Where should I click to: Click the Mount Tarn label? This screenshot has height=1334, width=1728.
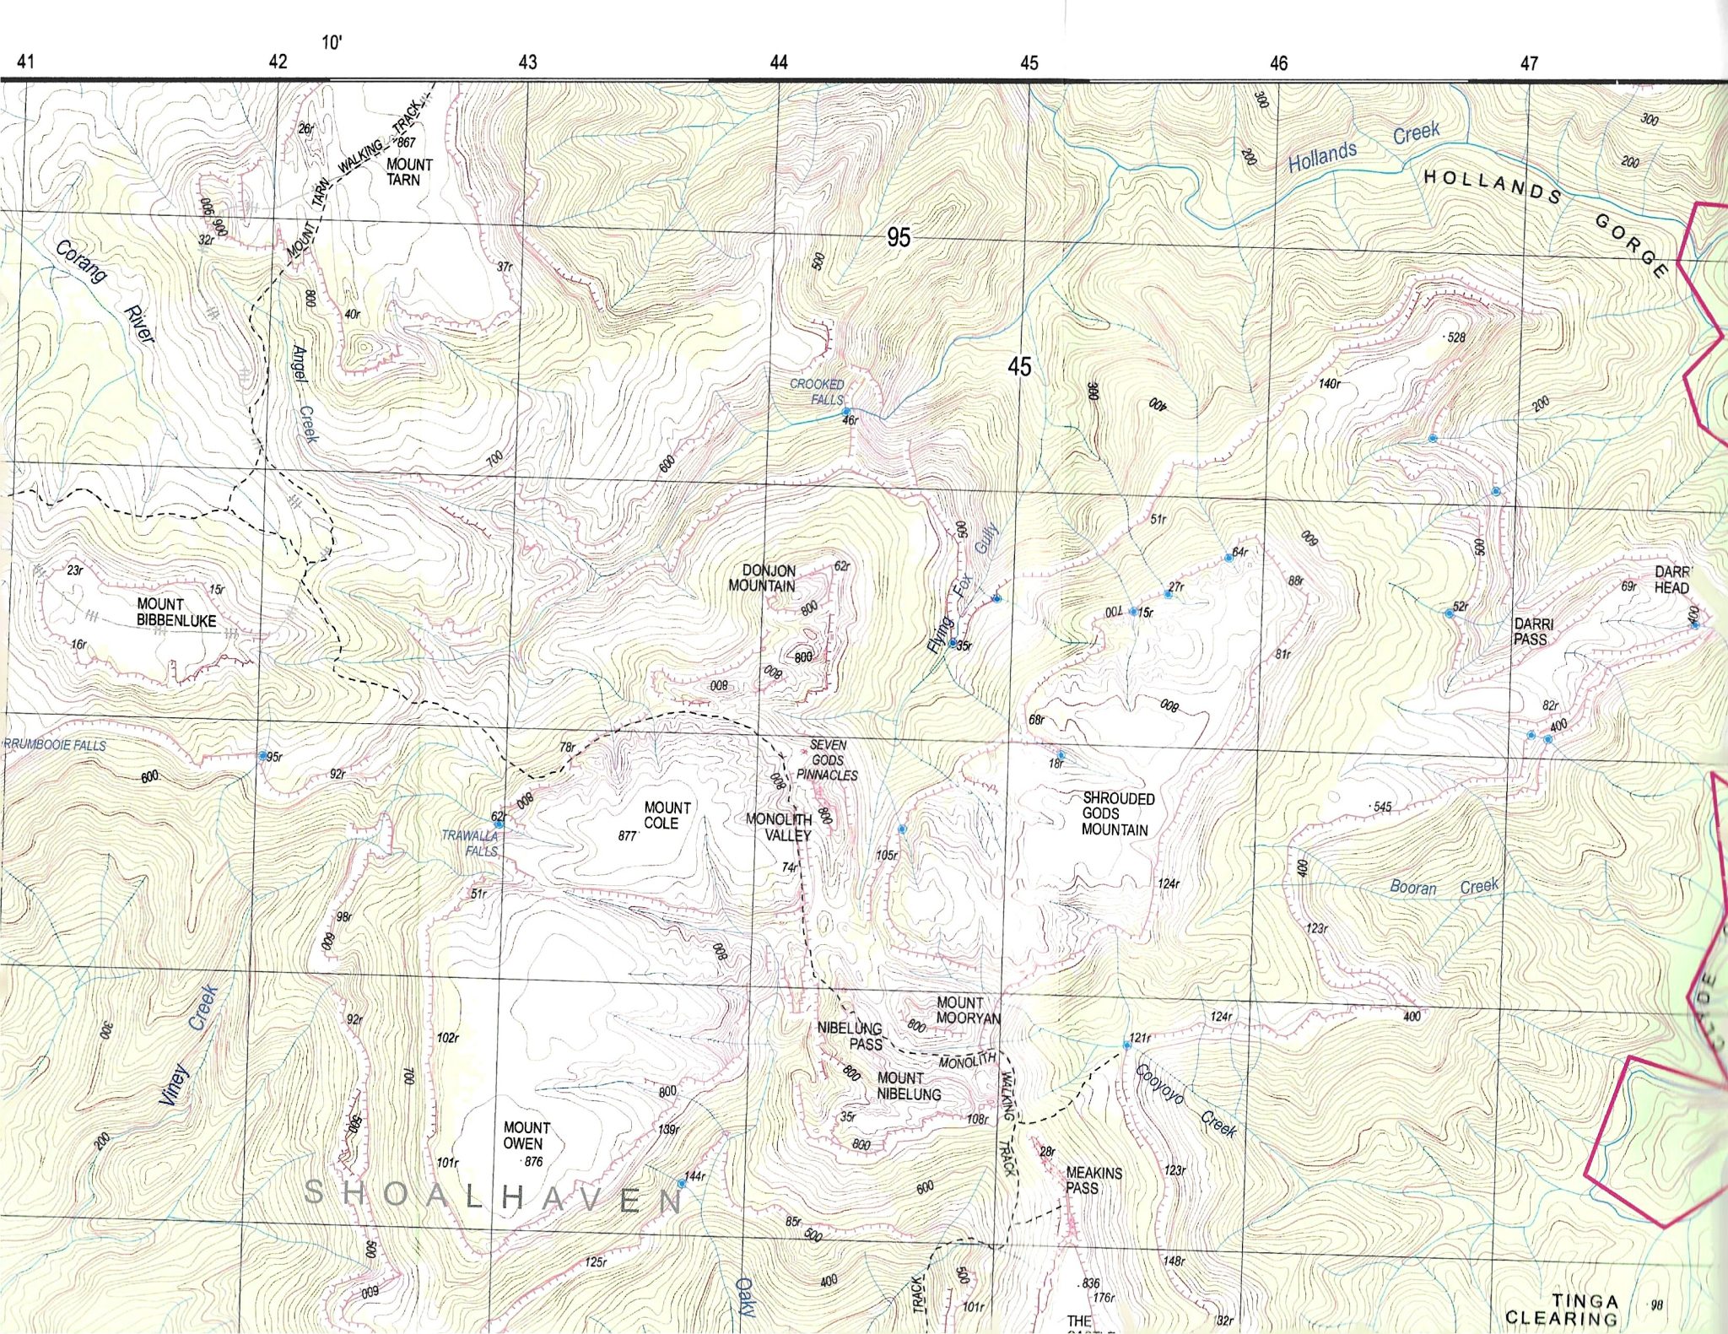coord(409,172)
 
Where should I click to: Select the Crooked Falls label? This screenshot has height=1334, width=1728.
coord(817,392)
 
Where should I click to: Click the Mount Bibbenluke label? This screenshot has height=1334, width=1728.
coord(176,613)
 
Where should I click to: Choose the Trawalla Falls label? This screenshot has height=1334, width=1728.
coord(470,843)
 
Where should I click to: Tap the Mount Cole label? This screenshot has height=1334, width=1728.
coord(667,815)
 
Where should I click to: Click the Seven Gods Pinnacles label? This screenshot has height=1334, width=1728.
coord(828,759)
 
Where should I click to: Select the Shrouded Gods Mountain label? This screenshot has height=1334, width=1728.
coord(1118,814)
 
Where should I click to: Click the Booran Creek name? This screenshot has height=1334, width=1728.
coord(1444,887)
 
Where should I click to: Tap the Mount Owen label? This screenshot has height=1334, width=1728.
coord(526,1135)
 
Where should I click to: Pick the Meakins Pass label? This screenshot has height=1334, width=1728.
coord(1093,1180)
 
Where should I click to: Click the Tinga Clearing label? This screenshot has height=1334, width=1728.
coord(1562,1310)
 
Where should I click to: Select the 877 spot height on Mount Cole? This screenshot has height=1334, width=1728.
coord(627,835)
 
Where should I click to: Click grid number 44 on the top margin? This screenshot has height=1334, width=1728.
coord(778,62)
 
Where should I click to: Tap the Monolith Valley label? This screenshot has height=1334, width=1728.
coord(779,827)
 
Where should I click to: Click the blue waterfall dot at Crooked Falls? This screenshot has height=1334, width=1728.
coord(846,412)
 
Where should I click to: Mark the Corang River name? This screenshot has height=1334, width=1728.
coord(105,291)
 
